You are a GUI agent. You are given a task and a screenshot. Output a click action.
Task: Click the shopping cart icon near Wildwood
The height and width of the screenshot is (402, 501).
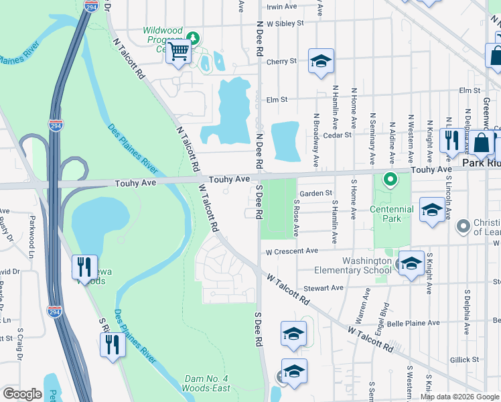point(179,51)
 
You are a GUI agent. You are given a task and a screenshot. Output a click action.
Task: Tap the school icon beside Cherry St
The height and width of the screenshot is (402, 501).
point(321,62)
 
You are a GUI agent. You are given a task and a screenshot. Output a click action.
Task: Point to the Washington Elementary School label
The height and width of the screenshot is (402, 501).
point(366,265)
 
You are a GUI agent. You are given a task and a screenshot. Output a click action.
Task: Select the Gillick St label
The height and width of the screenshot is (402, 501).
point(464,360)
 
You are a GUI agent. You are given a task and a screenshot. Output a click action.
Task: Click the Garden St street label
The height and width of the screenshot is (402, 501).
point(315,193)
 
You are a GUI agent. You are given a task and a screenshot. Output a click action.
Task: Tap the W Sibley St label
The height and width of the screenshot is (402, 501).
point(285,23)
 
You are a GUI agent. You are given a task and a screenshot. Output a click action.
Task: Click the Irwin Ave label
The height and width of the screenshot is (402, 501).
point(281,7)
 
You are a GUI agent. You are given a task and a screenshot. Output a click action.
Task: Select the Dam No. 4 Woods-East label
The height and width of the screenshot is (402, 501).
point(207,384)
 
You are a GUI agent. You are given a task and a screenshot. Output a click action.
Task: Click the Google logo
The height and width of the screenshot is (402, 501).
point(22,393)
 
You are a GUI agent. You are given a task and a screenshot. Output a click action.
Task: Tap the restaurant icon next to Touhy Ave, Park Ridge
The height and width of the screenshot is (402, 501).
point(451,141)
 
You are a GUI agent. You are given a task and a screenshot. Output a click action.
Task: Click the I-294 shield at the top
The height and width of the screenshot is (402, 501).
point(92,5)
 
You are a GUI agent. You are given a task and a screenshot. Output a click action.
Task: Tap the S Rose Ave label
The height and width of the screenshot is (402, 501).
point(295,218)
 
